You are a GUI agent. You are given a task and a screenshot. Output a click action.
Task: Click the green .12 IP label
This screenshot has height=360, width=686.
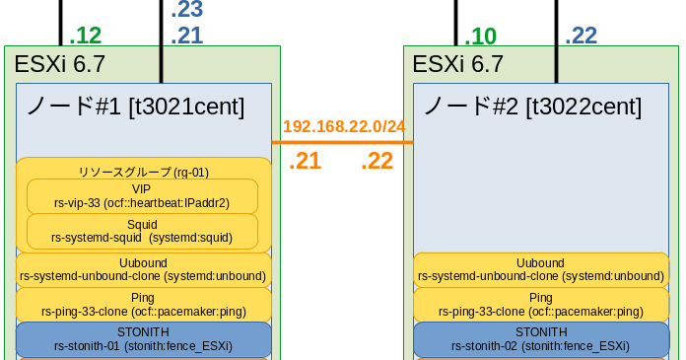86,36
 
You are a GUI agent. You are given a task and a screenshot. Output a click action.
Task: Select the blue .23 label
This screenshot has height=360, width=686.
187,11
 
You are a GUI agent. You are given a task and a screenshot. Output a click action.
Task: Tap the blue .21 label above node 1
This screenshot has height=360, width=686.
187,36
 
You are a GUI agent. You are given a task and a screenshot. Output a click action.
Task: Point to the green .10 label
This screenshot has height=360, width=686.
481,36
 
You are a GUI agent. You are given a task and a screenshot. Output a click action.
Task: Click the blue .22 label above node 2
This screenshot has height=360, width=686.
581,36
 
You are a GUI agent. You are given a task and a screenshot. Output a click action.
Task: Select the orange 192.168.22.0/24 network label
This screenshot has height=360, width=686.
344,127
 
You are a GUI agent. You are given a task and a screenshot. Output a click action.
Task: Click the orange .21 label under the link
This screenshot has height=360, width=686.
305,161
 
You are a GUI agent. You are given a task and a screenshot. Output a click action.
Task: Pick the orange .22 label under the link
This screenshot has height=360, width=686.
377,161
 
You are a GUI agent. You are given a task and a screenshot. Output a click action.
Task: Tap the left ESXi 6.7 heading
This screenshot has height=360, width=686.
59,65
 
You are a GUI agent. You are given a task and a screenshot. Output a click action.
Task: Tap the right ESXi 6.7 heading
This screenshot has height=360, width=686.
457,65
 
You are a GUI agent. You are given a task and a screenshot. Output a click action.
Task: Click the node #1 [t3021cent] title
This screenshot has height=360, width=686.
134,106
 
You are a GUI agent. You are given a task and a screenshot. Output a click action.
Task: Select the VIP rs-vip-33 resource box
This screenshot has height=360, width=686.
142,196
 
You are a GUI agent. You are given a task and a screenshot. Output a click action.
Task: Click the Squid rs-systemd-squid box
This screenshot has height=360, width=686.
142,231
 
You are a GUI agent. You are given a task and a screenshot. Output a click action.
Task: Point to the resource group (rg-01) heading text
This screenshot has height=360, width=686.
143,172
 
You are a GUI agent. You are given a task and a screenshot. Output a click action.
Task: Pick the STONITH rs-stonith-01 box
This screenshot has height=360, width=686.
143,338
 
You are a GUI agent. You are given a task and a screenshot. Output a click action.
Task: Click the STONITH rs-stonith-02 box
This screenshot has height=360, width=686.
540,338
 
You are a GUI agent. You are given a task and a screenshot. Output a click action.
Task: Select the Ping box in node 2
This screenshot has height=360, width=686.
540,304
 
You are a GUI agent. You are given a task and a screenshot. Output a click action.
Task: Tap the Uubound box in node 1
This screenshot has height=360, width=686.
143,269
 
